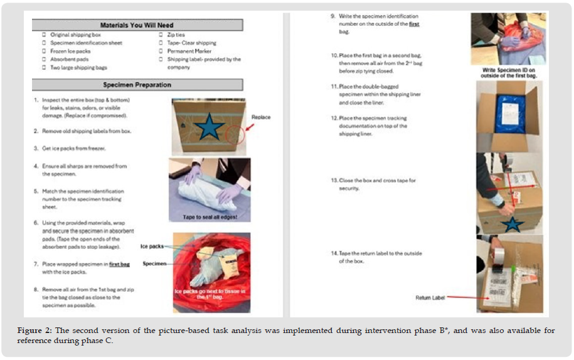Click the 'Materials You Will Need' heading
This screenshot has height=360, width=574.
(136, 26)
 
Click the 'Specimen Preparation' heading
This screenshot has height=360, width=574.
(136, 85)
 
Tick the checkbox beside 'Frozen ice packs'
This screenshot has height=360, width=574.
(43, 51)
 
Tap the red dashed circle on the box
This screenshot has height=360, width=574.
(235, 133)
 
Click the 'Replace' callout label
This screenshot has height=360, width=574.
(261, 117)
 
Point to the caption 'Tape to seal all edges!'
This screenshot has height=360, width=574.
(210, 217)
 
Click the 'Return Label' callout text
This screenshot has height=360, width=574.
(430, 298)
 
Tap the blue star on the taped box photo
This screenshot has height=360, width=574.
(514, 223)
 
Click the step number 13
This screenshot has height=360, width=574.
(334, 181)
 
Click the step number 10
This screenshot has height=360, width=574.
(334, 56)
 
